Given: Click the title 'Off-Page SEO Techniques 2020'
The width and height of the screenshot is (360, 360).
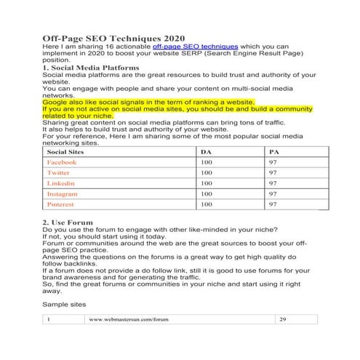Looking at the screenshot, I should [x=113, y=38].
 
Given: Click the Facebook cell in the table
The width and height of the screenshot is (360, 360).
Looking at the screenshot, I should [x=66, y=163].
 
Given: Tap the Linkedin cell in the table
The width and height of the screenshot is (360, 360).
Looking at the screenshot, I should [x=63, y=184].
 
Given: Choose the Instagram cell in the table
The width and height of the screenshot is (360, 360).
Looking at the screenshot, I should [x=65, y=195].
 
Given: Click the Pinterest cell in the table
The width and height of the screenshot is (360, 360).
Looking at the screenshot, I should [x=63, y=205].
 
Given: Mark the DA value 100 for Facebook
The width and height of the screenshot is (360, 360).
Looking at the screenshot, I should [x=207, y=163].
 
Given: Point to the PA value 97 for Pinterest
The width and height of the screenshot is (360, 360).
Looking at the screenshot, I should [x=273, y=205].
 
